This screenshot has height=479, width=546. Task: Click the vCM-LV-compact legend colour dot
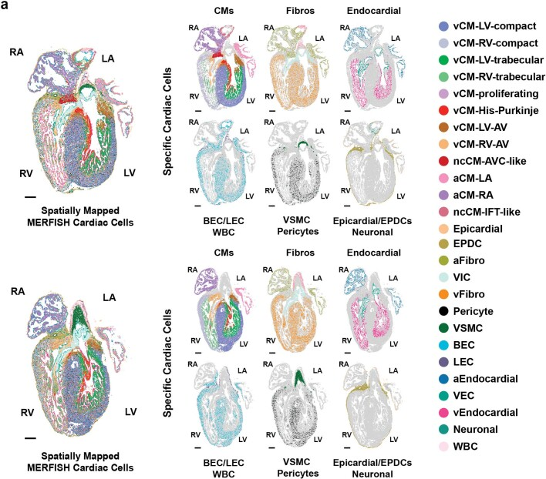click(x=443, y=26)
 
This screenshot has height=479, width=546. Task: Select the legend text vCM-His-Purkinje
click(x=496, y=111)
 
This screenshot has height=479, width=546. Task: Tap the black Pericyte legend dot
click(x=443, y=311)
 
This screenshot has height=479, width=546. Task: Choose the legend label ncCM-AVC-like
click(x=490, y=161)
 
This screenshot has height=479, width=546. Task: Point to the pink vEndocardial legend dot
click(x=443, y=413)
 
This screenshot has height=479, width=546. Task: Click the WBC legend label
click(x=466, y=447)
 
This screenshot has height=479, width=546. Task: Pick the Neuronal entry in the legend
click(x=475, y=429)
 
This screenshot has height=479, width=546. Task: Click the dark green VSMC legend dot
click(x=443, y=328)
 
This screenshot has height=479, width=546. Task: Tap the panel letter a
click(x=5, y=5)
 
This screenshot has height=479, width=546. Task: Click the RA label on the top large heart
click(x=17, y=52)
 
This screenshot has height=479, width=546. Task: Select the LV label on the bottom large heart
click(x=130, y=412)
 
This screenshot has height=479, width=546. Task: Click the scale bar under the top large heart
click(x=30, y=197)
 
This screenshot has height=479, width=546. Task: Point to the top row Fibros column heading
click(x=300, y=11)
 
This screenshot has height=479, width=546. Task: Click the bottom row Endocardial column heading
click(x=373, y=253)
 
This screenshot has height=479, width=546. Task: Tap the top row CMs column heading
click(x=224, y=11)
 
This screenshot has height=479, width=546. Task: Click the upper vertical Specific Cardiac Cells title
click(x=167, y=122)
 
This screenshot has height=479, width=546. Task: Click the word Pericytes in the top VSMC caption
click(x=298, y=232)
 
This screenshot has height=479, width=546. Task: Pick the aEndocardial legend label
click(x=485, y=379)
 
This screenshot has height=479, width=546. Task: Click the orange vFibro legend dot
click(x=443, y=294)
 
